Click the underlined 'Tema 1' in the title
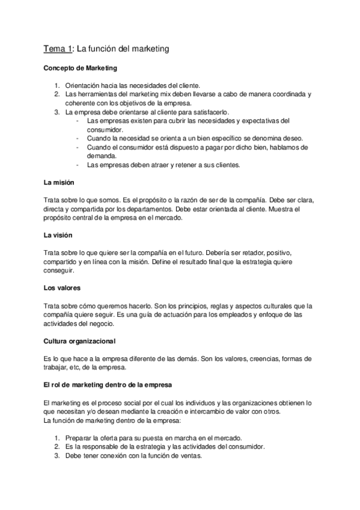point(56,48)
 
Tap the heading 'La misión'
point(58,182)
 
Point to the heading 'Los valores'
point(62,287)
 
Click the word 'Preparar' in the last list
point(79,438)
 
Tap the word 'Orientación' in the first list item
point(85,85)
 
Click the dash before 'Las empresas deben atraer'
point(79,164)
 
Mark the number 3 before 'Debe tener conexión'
point(56,456)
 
